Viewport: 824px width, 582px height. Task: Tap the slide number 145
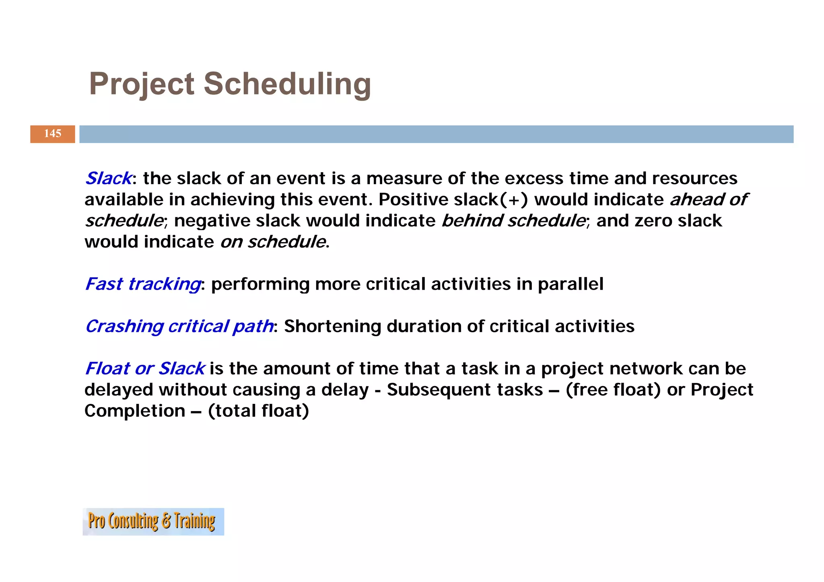52,134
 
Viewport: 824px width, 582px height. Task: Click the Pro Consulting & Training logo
153,521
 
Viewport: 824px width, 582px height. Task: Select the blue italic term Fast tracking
142,284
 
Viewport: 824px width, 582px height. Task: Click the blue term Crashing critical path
179,326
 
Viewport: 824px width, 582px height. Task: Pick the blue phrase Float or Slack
145,368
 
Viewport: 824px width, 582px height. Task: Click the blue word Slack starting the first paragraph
108,178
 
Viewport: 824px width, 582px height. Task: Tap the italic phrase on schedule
273,242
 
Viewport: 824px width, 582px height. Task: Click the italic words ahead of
708,199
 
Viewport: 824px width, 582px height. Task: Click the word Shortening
332,326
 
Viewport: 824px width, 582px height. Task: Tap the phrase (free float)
613,390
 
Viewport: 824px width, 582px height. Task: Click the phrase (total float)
258,411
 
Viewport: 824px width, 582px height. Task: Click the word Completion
135,411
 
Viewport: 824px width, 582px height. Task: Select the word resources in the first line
694,178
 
